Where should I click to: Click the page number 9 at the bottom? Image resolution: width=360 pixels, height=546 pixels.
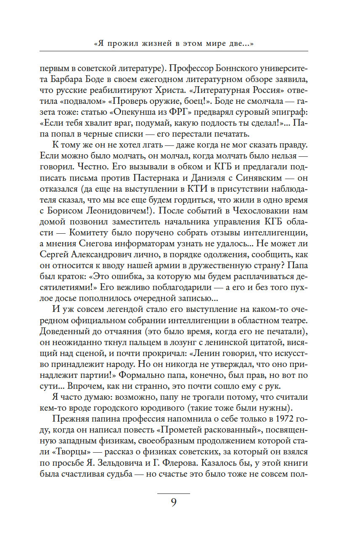[x=173, y=503]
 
